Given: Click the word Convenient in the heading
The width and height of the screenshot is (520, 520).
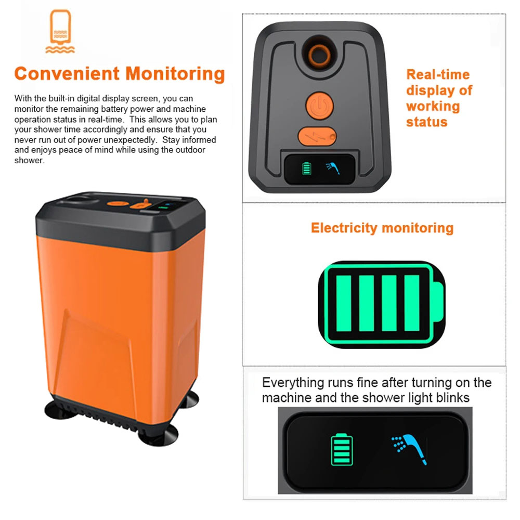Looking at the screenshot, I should (x=67, y=74).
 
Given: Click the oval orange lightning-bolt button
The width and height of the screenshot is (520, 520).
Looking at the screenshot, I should (x=317, y=136).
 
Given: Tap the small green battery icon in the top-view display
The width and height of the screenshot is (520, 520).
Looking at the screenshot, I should (x=307, y=167).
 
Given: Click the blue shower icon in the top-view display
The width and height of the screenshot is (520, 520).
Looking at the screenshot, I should (x=332, y=167).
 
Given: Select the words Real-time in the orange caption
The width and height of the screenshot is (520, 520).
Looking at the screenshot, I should (x=437, y=74).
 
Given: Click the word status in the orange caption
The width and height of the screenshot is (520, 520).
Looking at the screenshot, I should (x=426, y=122).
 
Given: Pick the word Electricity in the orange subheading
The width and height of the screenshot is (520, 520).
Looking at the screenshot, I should (x=344, y=228).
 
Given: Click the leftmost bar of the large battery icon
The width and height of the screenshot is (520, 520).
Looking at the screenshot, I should (x=344, y=303).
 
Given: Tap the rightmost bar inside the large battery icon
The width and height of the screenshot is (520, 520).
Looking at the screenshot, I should (x=411, y=303).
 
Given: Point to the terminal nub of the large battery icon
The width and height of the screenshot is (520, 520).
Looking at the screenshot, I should (x=438, y=303).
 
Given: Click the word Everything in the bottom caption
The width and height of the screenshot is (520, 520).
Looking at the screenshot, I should (x=293, y=383).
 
